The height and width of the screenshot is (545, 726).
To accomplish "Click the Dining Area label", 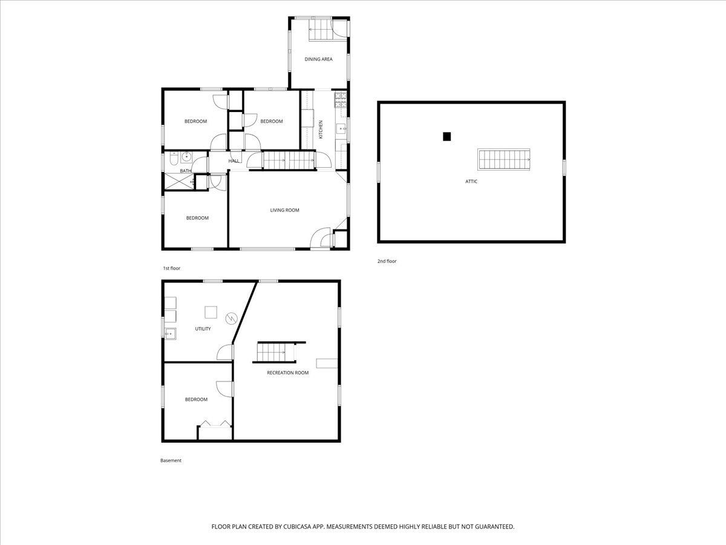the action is pos(318,59).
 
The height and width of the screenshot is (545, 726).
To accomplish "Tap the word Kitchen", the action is pos(320,130).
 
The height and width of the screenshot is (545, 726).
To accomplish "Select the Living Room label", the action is pos(284,210).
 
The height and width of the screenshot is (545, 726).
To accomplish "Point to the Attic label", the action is pos(471,181).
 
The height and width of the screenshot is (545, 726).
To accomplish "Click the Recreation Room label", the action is pos(287,372).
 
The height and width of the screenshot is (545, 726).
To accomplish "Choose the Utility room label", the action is pos(203,329).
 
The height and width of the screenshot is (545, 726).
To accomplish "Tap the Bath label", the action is pos(186,171).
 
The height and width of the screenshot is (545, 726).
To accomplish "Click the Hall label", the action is pos(234,161).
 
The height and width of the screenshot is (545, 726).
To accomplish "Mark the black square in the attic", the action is pos(447,136).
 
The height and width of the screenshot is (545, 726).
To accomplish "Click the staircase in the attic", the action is pos(503,159).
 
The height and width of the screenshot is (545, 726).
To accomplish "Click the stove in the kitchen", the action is pos(341,100).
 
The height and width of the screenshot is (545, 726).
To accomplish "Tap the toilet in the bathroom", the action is pos(174,159).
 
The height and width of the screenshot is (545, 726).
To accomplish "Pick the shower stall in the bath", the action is pos(179,182).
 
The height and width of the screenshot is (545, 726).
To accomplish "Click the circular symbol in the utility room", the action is pos(231,319).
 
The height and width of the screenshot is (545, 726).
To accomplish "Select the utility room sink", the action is pos(171,334).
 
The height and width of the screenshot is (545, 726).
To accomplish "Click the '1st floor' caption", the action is pos(171,268).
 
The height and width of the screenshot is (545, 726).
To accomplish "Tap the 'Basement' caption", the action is pos(171,460).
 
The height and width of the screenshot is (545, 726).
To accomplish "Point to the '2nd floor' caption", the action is pos(387,261).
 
